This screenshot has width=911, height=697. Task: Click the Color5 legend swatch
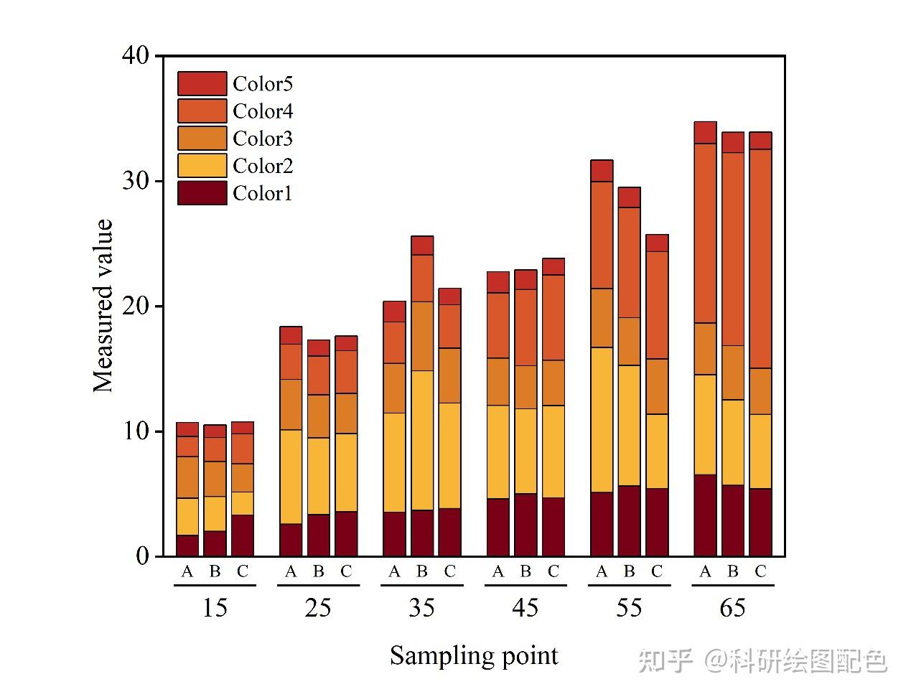tap(202, 84)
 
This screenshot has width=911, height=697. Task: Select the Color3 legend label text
tap(263, 139)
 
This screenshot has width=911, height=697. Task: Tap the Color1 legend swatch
tap(202, 193)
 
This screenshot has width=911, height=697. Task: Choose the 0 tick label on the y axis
tap(142, 556)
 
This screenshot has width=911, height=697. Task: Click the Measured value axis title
tap(103, 306)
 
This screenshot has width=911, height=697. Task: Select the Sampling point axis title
tap(474, 655)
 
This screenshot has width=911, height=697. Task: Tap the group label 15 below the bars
tap(215, 608)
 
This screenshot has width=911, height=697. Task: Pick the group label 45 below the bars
tap(525, 608)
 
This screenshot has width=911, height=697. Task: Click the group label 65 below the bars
tap(732, 608)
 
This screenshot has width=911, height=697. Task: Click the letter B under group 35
tap(422, 572)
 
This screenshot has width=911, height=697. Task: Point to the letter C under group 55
tap(657, 572)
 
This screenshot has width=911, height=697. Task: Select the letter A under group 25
tap(291, 572)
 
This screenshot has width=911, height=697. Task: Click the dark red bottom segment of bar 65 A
tap(705, 515)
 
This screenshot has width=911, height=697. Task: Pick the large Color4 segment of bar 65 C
tap(760, 258)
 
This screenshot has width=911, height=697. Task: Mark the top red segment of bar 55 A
tap(602, 171)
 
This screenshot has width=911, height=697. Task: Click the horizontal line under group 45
tap(525, 586)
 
